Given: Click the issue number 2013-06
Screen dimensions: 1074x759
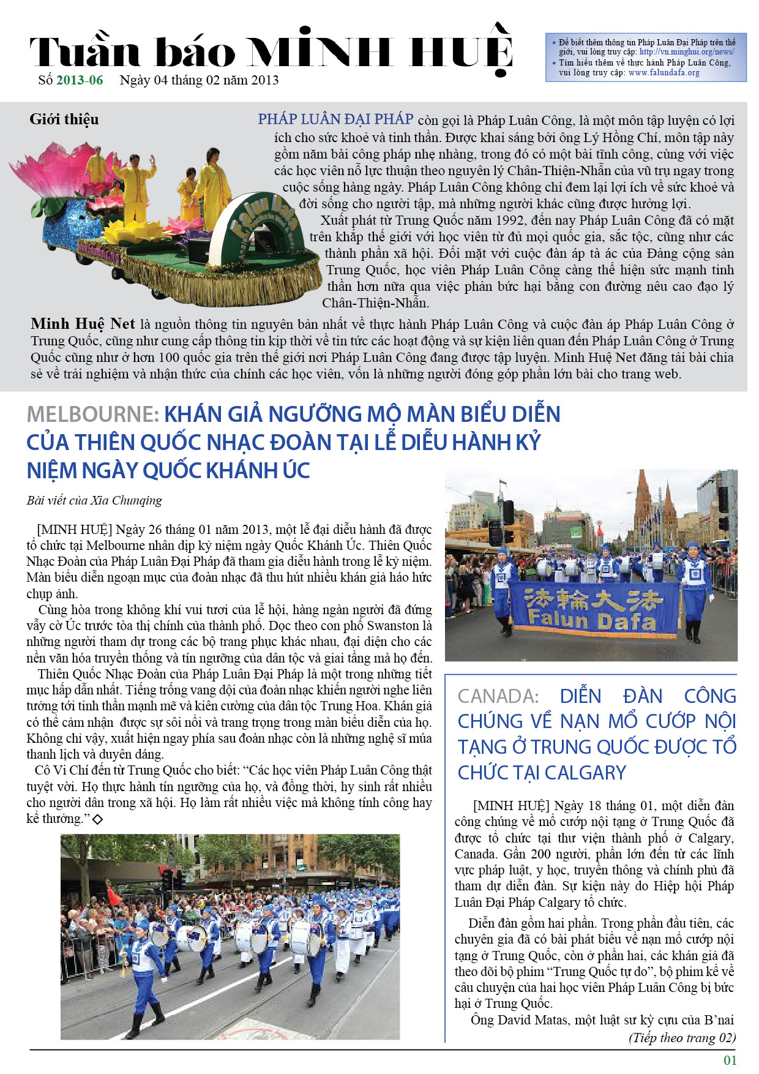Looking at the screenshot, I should point(80,80).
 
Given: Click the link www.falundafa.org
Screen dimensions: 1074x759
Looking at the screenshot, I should point(664,73).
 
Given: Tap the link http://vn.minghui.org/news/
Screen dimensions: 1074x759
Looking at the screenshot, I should point(686,52).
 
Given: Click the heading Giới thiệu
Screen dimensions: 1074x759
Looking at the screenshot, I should point(64,119).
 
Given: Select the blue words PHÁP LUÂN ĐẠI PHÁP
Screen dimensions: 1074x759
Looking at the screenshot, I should point(335,119).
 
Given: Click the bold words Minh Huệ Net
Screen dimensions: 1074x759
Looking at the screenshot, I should point(83,324).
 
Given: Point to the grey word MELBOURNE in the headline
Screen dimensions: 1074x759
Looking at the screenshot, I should point(92,415).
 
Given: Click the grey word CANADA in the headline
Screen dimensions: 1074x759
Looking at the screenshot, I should point(498,696).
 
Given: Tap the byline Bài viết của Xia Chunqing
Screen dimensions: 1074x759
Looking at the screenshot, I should point(94,500).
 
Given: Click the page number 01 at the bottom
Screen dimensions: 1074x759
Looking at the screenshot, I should point(730,1060).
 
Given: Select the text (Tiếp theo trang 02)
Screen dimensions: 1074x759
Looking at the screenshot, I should point(682,1038).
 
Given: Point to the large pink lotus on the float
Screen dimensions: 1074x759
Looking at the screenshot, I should point(58,171).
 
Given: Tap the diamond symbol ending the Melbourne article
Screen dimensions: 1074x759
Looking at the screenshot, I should point(97,819).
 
